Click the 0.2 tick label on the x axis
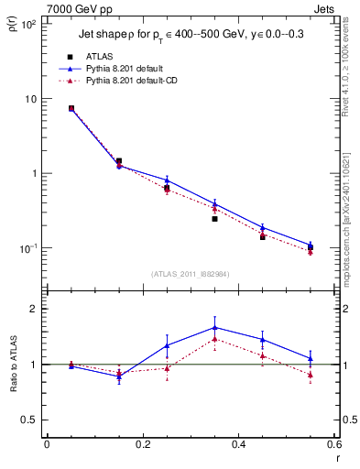pos(142,445)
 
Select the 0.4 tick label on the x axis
pos(238,445)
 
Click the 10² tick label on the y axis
pos(28,25)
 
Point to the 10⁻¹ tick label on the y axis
pos(28,248)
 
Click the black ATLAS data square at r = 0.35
pos(214,219)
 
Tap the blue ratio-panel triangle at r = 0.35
pos(214,327)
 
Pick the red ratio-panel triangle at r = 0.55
pos(311,375)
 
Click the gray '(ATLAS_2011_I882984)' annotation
pos(190,274)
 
